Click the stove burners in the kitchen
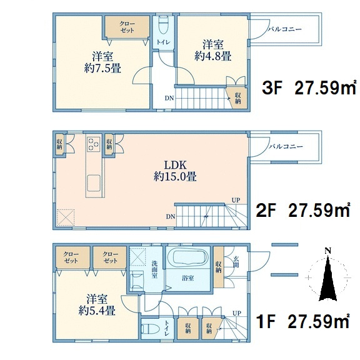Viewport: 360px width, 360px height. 94,144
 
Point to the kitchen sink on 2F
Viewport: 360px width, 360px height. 94,182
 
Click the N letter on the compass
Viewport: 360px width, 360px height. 328,251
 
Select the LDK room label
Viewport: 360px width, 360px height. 176,164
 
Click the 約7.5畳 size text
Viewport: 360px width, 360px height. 102,68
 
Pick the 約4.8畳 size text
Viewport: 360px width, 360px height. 212,56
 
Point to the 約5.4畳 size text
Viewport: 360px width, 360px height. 97,311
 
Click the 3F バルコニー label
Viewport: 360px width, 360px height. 285,29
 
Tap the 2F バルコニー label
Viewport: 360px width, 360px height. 286,146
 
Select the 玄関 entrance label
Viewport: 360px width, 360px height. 236,262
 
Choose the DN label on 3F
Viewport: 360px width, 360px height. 169,98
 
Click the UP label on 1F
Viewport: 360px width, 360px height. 236,313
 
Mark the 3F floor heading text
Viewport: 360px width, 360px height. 309,87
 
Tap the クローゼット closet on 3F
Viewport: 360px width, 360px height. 127,27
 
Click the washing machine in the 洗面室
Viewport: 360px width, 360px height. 137,279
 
